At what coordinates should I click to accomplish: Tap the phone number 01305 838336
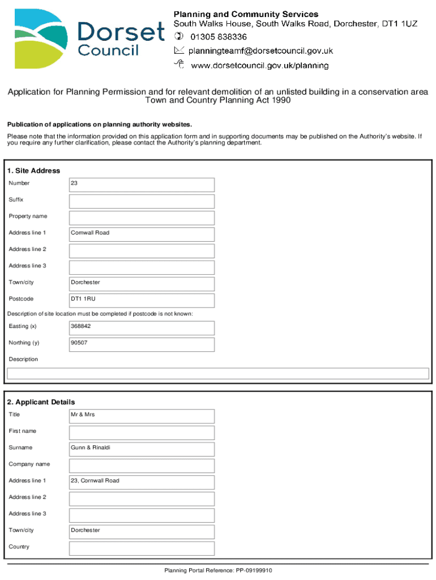(219, 37)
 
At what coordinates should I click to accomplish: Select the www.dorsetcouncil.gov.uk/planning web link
(259, 66)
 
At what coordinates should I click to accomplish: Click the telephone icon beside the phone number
(179, 37)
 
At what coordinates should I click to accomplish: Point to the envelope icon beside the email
(179, 51)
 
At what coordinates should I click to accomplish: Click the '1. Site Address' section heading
(33, 170)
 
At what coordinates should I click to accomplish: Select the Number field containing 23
(142, 185)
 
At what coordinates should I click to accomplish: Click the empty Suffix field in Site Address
(142, 201)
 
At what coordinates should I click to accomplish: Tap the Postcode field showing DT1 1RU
(142, 300)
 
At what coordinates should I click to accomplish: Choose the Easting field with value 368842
(142, 327)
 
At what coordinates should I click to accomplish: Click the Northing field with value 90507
(142, 344)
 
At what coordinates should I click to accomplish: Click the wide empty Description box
(217, 373)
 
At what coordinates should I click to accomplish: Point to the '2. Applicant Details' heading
(41, 402)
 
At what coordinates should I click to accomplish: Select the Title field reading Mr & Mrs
(142, 416)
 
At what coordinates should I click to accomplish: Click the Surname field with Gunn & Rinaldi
(142, 449)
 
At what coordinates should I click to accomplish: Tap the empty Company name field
(142, 466)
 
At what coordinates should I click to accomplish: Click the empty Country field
(142, 548)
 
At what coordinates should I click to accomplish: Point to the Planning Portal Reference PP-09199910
(218, 570)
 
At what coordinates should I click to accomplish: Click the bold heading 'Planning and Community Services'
(246, 14)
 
